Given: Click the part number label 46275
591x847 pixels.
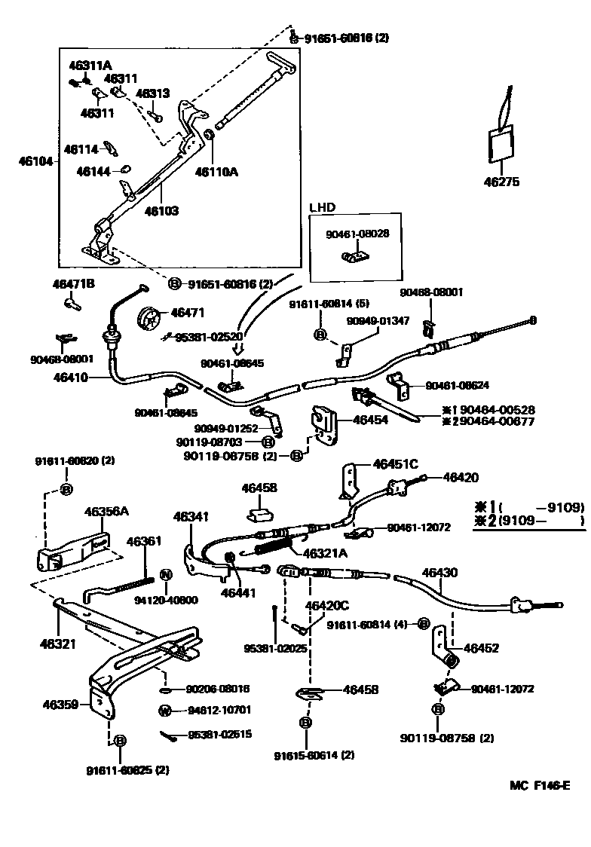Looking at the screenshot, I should click(x=501, y=181).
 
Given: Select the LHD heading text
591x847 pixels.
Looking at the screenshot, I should click(x=322, y=206).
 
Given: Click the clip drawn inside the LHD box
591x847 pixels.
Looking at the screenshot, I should click(x=353, y=258).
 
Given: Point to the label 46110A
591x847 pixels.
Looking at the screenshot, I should click(x=216, y=171).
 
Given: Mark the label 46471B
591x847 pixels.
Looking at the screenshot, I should click(x=74, y=284).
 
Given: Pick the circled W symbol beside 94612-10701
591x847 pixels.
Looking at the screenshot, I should click(x=164, y=710).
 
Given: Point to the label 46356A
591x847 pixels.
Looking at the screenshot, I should click(x=106, y=511).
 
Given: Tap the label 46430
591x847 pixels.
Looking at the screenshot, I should click(x=439, y=573).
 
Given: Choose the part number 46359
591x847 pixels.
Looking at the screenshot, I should click(x=61, y=705).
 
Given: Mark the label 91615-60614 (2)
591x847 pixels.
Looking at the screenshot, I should click(x=314, y=754).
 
